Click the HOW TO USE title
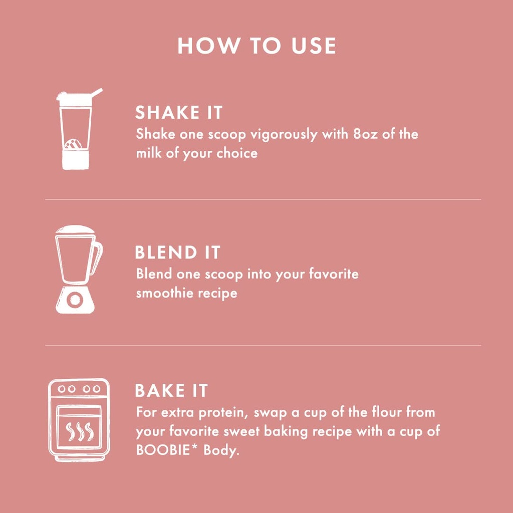[256, 46]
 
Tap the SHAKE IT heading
[178, 113]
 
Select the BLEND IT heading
[177, 252]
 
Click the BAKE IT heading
[171, 391]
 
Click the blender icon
[76, 270]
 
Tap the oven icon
[79, 420]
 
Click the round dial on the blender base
[74, 300]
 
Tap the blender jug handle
[97, 256]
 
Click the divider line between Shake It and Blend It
[263, 199]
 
